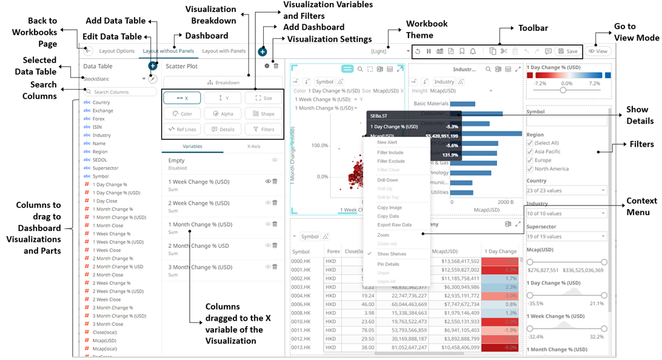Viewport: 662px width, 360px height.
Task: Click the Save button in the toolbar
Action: [x=568, y=52]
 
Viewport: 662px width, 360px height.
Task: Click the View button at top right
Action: [x=598, y=52]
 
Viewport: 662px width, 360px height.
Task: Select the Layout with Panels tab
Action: [x=224, y=51]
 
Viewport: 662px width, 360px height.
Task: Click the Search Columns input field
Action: [x=119, y=92]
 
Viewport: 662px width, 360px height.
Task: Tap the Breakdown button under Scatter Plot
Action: [x=223, y=82]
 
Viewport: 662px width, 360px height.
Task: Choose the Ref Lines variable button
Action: [x=182, y=129]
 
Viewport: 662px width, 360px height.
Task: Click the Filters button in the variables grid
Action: [x=264, y=129]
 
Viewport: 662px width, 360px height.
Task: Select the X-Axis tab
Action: [x=253, y=146]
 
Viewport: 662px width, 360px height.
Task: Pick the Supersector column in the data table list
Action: [x=105, y=168]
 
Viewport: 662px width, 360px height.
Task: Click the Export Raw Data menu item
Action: [x=394, y=225]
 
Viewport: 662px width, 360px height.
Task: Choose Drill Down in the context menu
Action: [x=387, y=180]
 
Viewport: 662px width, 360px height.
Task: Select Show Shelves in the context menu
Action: [x=392, y=254]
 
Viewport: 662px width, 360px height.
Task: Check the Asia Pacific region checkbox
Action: [x=530, y=152]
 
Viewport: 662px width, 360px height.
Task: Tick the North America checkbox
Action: [x=530, y=169]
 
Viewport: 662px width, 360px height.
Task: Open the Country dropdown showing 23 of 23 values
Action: [x=566, y=190]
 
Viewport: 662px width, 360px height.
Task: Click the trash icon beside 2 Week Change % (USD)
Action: [x=275, y=203]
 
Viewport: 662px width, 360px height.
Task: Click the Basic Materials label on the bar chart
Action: [x=431, y=104]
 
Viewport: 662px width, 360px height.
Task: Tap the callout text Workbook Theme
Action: [x=427, y=30]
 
